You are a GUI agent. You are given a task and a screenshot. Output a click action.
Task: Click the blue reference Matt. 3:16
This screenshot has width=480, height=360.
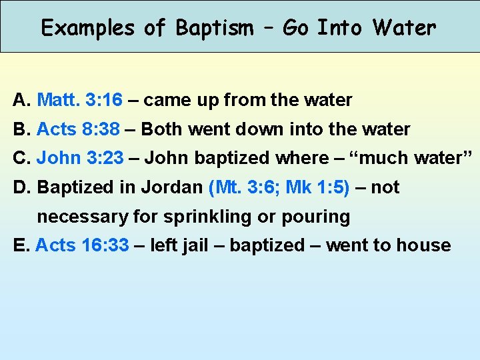click(x=80, y=101)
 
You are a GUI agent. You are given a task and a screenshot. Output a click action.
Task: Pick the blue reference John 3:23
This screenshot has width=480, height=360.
click(x=80, y=159)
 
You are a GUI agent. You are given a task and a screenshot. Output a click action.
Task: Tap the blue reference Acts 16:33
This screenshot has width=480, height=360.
click(x=82, y=245)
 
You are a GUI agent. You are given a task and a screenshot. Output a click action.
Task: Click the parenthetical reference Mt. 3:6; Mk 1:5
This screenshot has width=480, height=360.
click(x=279, y=188)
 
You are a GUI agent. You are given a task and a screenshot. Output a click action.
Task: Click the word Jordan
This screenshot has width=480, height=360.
click(x=173, y=188)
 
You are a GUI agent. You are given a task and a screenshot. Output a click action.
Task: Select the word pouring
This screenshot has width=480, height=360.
click(x=318, y=217)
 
